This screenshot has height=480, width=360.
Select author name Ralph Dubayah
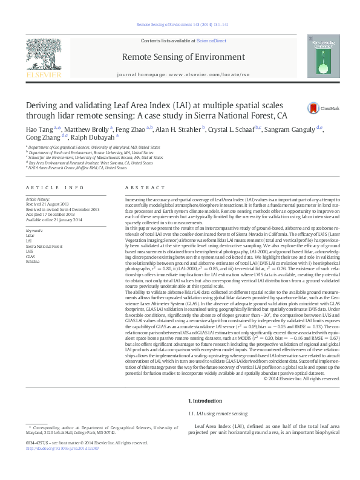(94, 138)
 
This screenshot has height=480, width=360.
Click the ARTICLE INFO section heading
(50, 188)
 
